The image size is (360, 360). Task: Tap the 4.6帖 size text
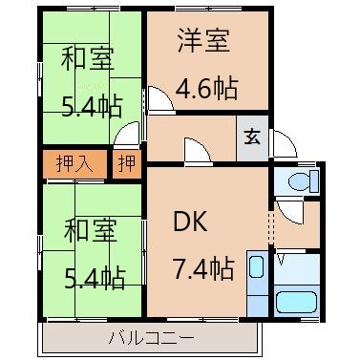click(206, 90)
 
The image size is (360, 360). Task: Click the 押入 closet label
click(74, 163)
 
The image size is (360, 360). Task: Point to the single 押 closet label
click(127, 163)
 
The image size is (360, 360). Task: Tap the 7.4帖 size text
click(202, 268)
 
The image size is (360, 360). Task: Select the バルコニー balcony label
click(151, 337)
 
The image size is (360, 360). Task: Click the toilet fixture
click(297, 181)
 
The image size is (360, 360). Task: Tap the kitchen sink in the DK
click(256, 271)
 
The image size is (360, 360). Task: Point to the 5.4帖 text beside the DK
click(94, 278)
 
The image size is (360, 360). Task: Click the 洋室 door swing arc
click(156, 100)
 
